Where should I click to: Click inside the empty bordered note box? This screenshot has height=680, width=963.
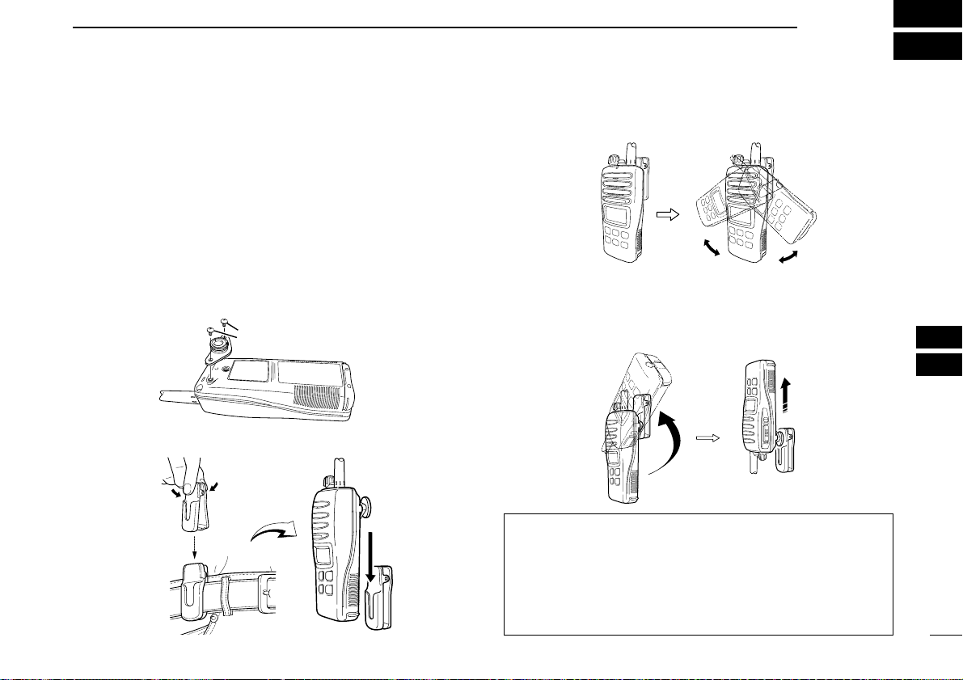point(698,573)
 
